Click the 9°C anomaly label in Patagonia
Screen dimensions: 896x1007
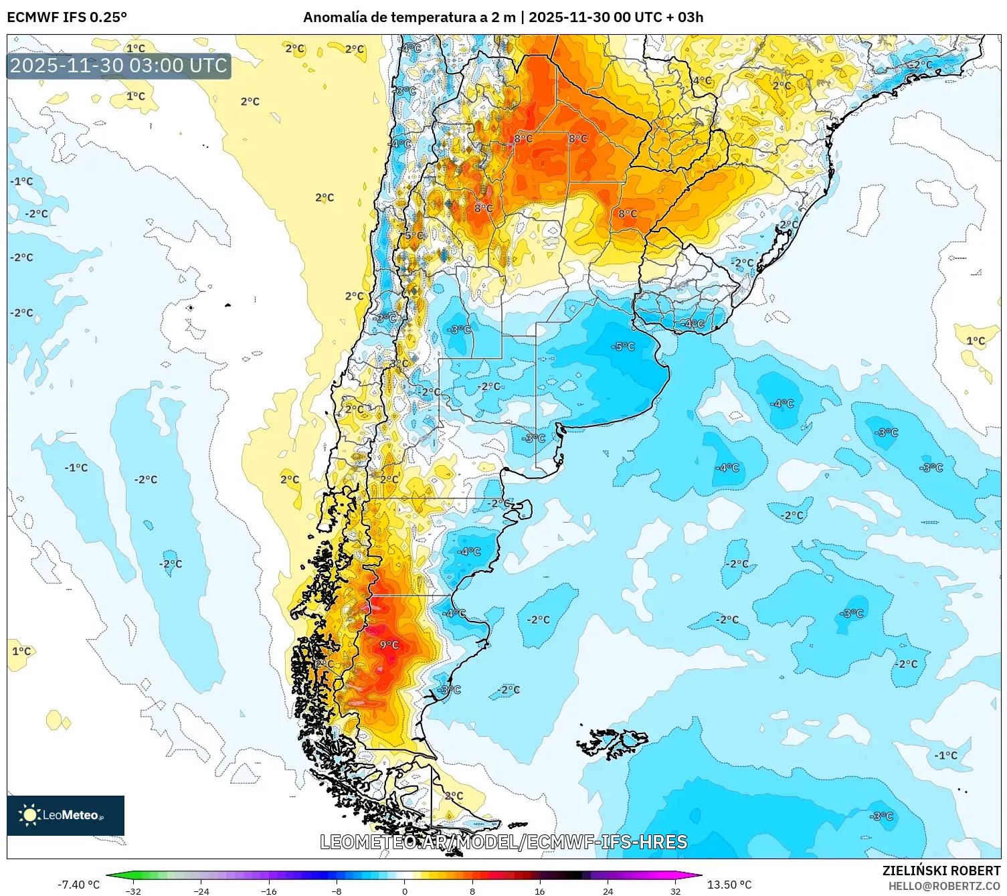click(389, 644)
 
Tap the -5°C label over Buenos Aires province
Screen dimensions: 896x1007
click(622, 347)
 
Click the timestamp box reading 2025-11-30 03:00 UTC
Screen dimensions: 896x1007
click(119, 66)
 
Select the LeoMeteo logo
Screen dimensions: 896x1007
click(66, 815)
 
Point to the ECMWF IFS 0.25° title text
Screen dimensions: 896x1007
click(67, 17)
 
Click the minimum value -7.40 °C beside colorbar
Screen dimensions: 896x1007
click(78, 885)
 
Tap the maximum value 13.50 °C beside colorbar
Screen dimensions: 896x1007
click(729, 885)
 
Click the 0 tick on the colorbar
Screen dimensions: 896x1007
click(404, 891)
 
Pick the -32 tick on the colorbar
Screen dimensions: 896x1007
click(133, 891)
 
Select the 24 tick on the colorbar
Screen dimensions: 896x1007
click(608, 891)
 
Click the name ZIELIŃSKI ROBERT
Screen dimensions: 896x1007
click(941, 871)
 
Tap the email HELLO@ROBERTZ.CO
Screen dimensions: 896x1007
click(944, 886)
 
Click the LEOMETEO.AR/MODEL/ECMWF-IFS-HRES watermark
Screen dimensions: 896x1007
click(503, 842)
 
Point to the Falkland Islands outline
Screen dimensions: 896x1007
click(612, 742)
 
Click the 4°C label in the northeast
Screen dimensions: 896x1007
click(702, 81)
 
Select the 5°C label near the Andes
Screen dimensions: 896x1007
click(414, 236)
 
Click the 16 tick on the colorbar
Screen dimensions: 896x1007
click(539, 891)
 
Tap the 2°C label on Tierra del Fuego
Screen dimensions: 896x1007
click(454, 796)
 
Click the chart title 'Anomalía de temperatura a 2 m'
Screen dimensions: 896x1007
click(409, 17)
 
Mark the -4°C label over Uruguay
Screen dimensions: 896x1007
click(693, 324)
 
